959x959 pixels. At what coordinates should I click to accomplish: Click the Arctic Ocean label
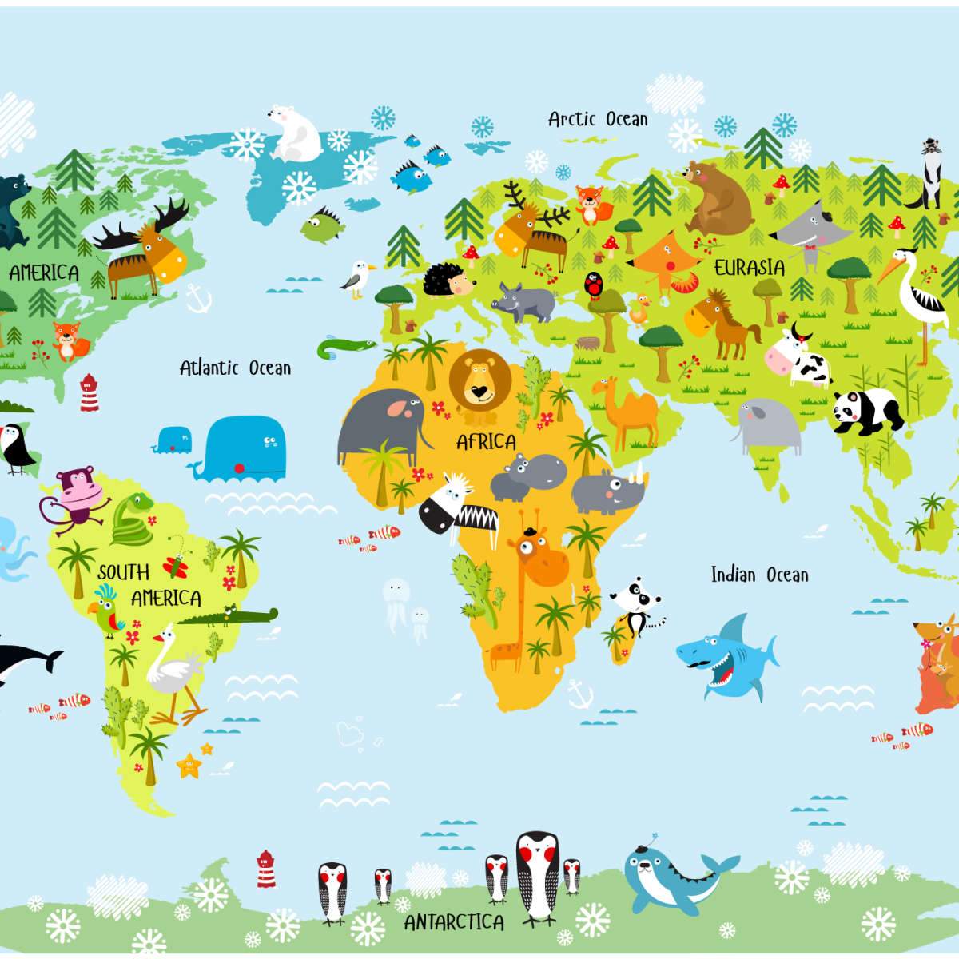598,119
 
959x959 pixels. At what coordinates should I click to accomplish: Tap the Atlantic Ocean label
235,368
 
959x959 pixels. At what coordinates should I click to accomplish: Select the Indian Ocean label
759,575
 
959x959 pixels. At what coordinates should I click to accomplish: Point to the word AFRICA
486,441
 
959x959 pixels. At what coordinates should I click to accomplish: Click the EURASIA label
749,267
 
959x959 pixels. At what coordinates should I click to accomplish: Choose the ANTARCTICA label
454,922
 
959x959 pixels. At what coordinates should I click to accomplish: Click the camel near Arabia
627,412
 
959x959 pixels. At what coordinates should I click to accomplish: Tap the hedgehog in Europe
447,281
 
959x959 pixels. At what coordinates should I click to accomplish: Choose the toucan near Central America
18,448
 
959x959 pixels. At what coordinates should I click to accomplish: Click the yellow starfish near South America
190,766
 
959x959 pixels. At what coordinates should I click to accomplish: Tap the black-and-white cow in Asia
799,359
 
